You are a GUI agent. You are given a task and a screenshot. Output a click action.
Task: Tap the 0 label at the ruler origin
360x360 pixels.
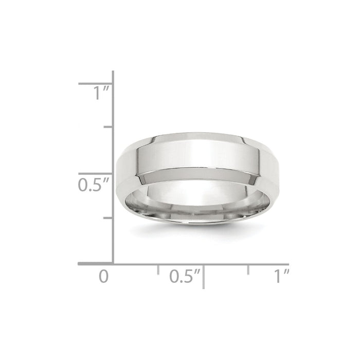click(104, 276)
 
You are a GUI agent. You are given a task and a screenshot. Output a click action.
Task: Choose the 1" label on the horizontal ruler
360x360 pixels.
click(281, 276)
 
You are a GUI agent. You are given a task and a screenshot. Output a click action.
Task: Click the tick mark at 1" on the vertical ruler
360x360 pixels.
click(96, 83)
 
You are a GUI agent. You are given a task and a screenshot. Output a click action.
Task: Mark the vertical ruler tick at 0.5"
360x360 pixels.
click(96, 174)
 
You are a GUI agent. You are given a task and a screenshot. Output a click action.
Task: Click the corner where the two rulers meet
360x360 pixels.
click(113, 264)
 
